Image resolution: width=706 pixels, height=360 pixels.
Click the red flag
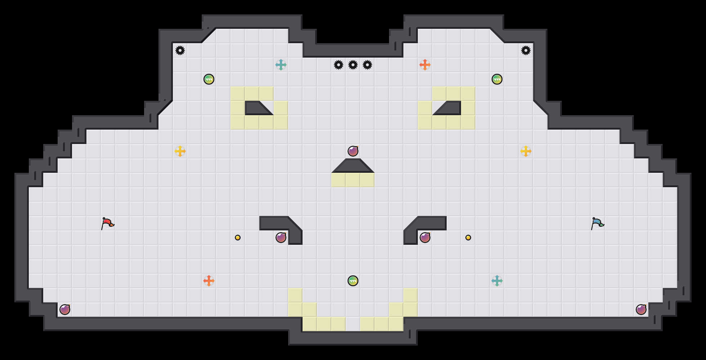[x=107, y=223]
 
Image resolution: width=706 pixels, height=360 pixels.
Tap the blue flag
[x=597, y=223]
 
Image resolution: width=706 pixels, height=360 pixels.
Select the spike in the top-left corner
[x=180, y=50]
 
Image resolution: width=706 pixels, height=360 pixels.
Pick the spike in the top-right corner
[x=526, y=50]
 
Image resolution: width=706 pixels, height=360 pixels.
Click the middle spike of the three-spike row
[x=353, y=65]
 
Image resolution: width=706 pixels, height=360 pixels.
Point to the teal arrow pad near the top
[x=281, y=65]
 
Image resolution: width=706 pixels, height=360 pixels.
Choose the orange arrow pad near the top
[x=425, y=65]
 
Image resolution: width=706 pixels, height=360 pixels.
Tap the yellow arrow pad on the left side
[x=180, y=151]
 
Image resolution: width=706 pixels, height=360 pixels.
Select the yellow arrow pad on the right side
[x=526, y=151]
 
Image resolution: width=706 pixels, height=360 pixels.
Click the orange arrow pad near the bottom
[x=209, y=281]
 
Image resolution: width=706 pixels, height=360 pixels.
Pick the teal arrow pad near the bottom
[x=497, y=281]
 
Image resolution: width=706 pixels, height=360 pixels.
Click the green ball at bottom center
[x=353, y=281]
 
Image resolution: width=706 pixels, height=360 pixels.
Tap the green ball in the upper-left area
[x=209, y=79]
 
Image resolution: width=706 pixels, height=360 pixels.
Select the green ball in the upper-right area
[x=497, y=79]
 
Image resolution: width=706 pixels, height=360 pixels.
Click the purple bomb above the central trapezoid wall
[x=353, y=151]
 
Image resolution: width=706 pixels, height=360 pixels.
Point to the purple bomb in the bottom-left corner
[x=65, y=310]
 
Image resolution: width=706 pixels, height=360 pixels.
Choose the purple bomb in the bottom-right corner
[x=641, y=310]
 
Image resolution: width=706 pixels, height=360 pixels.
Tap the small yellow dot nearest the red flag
[x=238, y=238]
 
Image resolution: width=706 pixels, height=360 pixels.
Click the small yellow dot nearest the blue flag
[x=468, y=238]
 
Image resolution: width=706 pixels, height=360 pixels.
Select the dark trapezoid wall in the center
[x=353, y=166]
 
